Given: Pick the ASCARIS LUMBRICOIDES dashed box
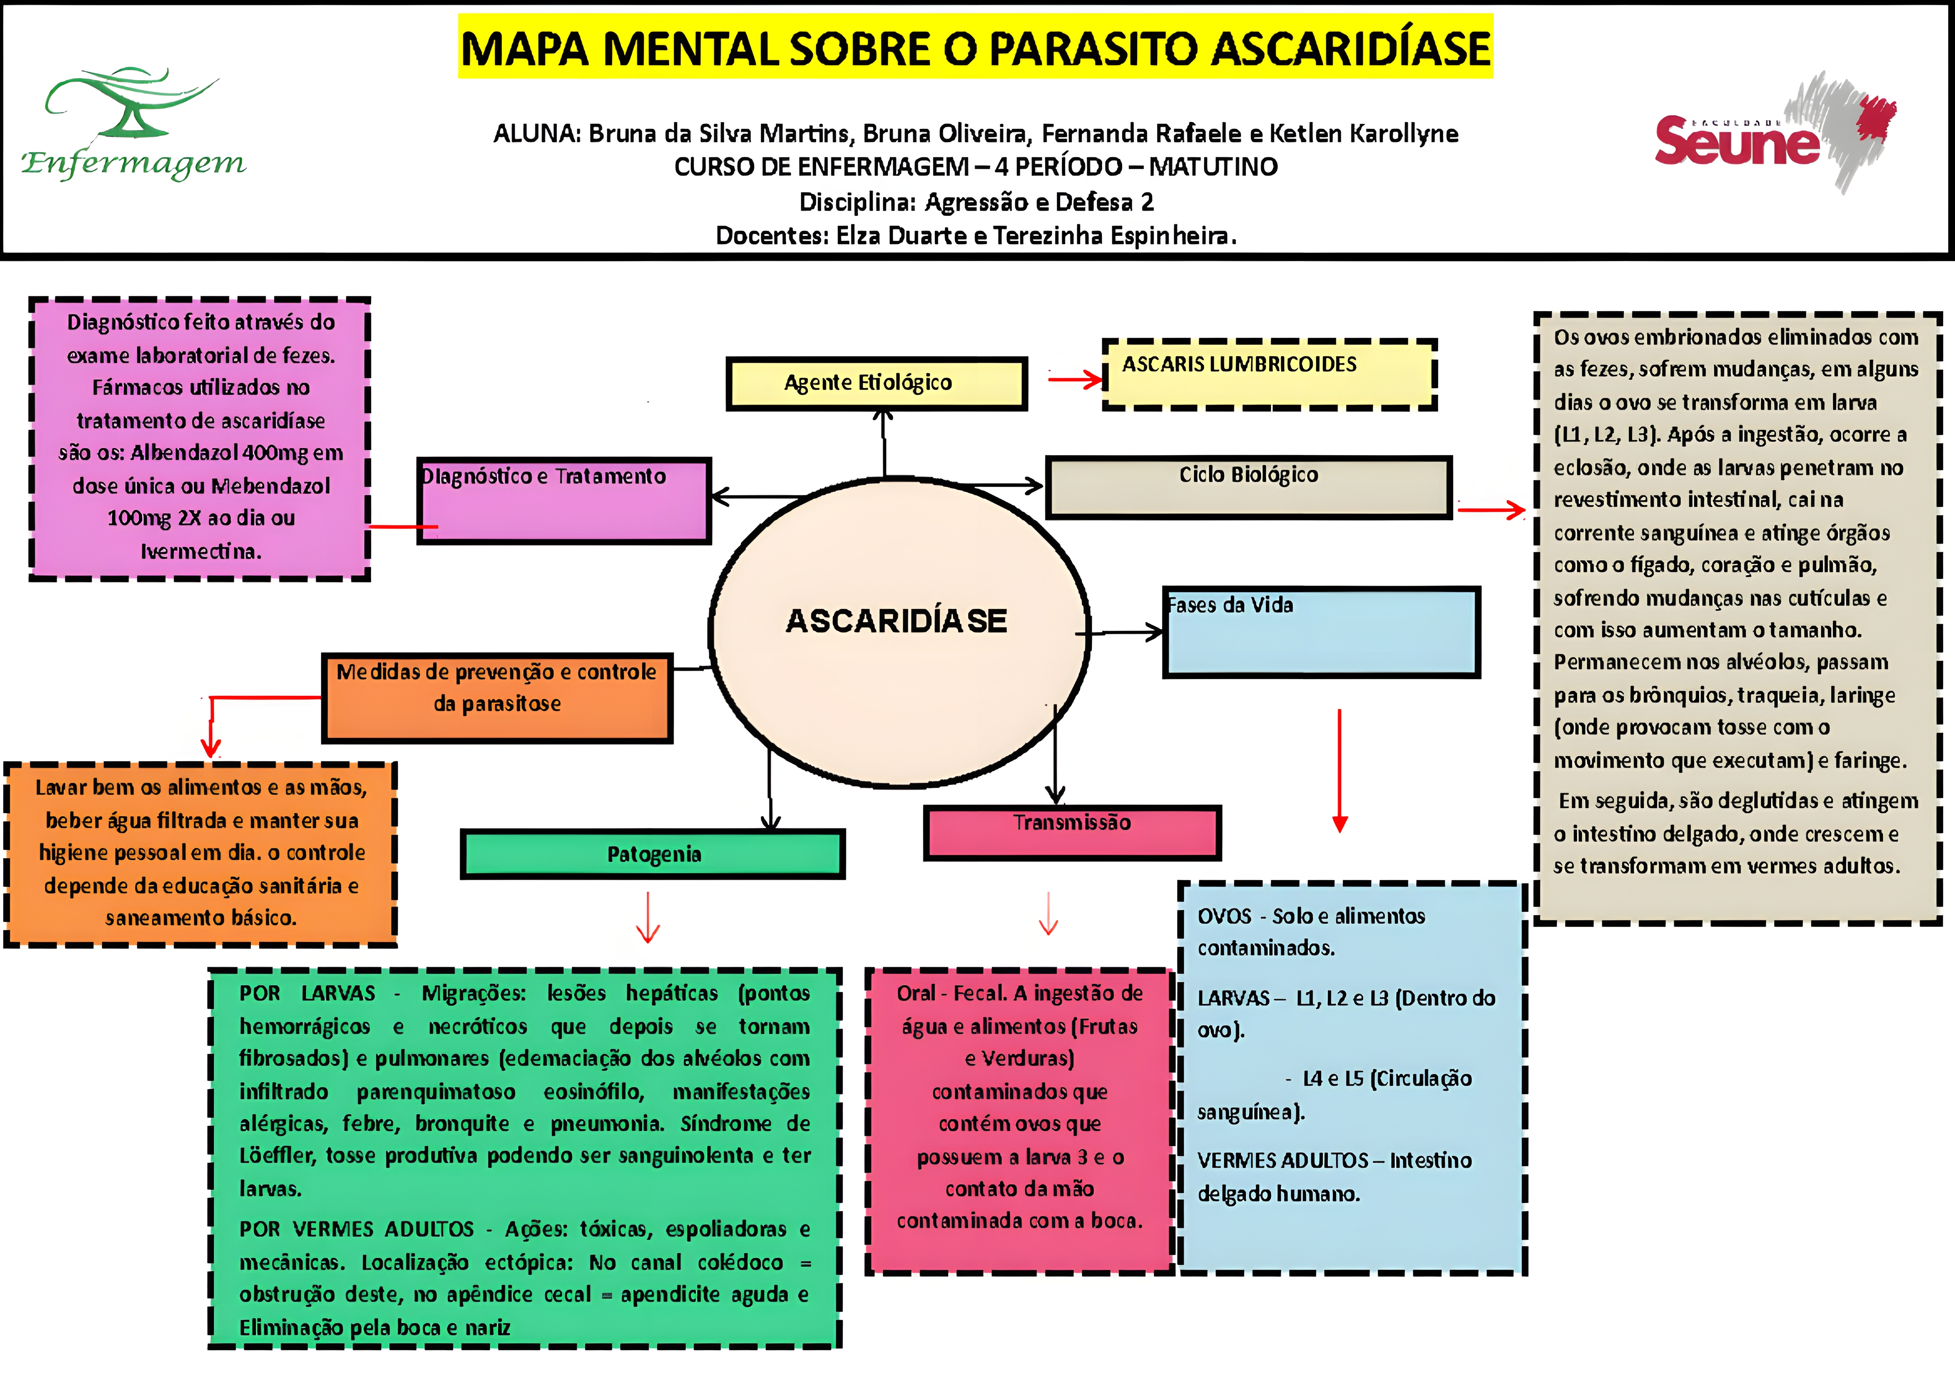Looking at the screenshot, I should point(1269,375).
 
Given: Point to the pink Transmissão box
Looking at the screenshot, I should point(1072,832).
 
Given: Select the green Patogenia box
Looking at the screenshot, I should point(653,854).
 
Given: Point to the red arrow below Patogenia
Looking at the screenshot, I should point(648,918).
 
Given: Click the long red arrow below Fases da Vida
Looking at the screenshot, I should point(1340,770).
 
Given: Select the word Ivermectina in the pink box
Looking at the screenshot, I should point(201,552).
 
